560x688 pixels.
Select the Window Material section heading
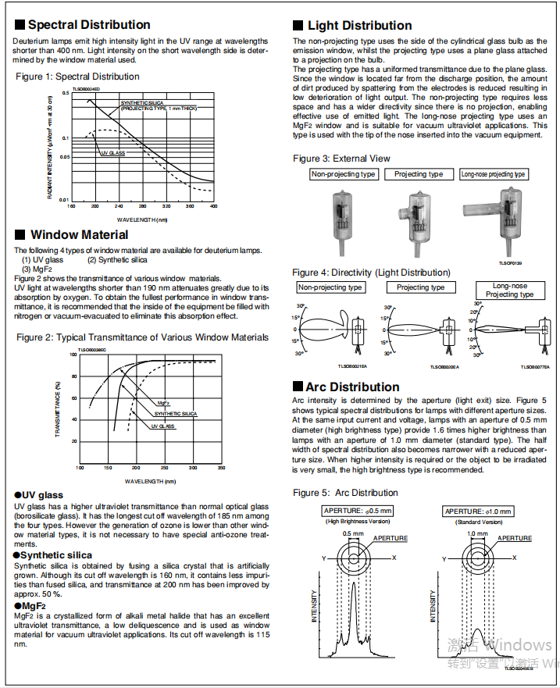click(79, 234)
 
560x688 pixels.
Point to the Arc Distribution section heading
click(352, 387)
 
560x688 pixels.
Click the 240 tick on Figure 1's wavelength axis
click(119, 206)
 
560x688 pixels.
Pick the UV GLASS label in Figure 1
click(112, 153)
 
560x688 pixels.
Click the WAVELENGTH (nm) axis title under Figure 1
click(142, 219)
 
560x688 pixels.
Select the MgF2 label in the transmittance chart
click(163, 403)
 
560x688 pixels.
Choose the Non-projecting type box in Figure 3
click(344, 174)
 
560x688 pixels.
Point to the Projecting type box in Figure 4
click(420, 287)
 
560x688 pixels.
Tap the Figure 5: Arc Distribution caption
click(345, 493)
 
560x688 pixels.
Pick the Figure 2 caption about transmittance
click(142, 337)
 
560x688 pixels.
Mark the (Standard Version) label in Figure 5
click(478, 521)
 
